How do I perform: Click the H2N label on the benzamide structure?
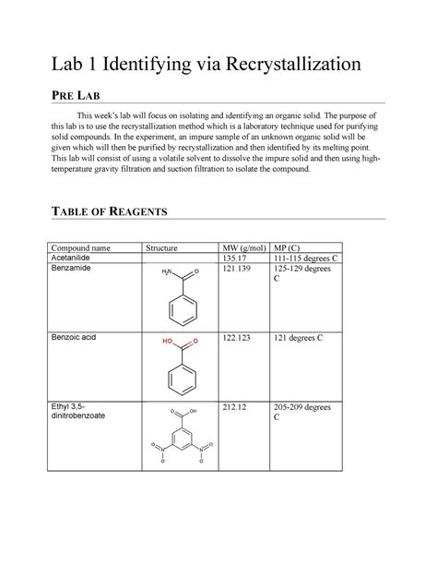[167, 273]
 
